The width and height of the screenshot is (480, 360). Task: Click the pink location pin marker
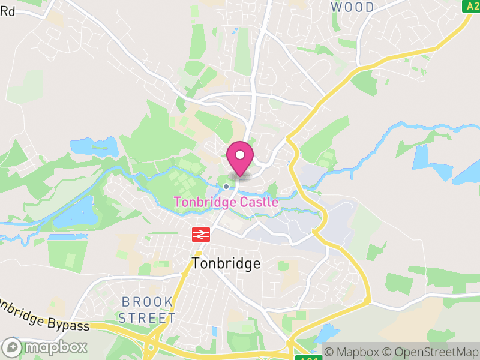point(240,158)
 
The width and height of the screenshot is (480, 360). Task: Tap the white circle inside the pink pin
point(240,155)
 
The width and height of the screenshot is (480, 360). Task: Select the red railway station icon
point(199,235)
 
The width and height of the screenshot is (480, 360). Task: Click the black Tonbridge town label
point(226,263)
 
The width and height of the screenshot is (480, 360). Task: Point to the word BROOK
point(147,301)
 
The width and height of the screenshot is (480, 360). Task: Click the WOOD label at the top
point(352,7)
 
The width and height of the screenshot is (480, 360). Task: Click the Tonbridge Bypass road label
point(42,315)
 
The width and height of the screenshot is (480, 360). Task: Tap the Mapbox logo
point(45,347)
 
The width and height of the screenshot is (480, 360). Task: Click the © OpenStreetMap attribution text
point(431,352)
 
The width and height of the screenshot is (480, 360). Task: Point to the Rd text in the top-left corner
point(7,11)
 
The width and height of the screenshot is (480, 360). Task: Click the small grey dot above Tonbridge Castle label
point(226,187)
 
